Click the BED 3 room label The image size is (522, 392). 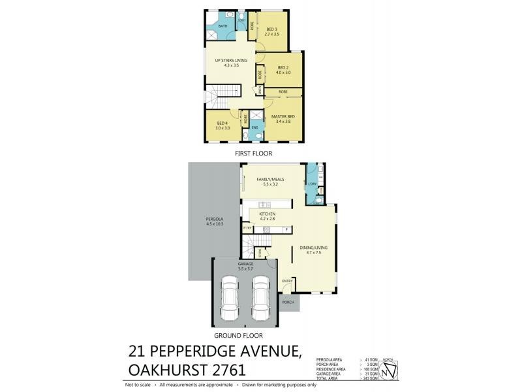point(272,29)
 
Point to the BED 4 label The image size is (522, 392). point(223,123)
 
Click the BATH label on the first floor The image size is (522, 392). point(223,26)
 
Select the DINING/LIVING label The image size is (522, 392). point(310,248)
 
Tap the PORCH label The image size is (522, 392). point(288,302)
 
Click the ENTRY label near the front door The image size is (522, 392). point(286,281)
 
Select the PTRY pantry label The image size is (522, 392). point(248,228)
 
